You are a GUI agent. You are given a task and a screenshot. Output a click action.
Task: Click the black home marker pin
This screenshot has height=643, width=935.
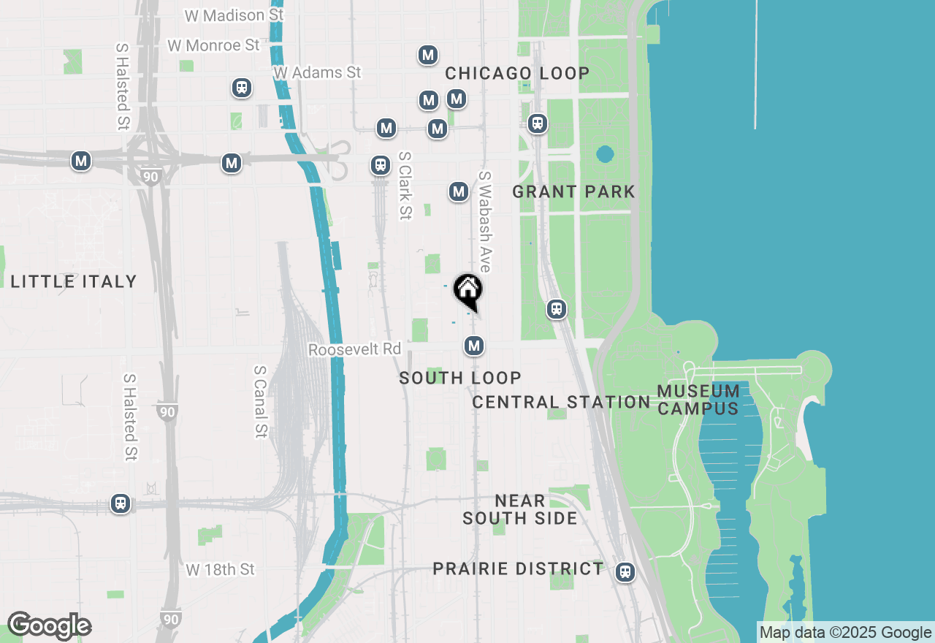tap(467, 291)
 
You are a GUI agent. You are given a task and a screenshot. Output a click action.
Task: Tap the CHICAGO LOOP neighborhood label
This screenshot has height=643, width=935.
tap(517, 73)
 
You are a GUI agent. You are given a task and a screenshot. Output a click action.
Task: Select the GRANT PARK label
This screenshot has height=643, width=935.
tap(573, 191)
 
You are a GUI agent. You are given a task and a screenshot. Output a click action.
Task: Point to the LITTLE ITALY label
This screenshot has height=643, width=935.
tap(74, 281)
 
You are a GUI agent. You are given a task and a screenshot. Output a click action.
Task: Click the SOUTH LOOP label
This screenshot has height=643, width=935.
tap(460, 378)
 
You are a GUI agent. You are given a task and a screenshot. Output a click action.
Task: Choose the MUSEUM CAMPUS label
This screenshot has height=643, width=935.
tap(698, 400)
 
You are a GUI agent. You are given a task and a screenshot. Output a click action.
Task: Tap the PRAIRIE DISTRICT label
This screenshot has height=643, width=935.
tap(518, 568)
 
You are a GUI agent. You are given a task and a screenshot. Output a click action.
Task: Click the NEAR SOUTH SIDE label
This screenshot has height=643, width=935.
tap(519, 509)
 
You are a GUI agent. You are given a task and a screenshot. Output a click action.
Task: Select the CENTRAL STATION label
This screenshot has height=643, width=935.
tap(561, 402)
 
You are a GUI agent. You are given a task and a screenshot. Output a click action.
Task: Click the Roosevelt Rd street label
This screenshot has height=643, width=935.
tap(354, 349)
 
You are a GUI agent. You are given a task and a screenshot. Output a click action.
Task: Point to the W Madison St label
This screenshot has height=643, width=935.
tap(224, 15)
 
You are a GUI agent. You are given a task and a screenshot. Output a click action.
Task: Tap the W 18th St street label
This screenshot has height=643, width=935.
tap(220, 568)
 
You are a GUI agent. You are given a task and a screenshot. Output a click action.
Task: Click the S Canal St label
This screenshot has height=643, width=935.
tap(259, 401)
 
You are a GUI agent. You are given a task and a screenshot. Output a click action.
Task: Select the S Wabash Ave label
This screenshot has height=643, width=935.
tap(484, 221)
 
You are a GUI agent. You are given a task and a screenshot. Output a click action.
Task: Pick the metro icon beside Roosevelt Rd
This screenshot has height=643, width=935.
tap(475, 345)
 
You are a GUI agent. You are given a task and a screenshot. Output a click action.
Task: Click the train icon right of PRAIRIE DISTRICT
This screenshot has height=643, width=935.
tap(625, 571)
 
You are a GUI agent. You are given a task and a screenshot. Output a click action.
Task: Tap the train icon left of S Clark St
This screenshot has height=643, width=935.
tap(380, 164)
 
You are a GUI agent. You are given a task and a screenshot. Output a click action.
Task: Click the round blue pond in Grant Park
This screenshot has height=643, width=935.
tap(605, 154)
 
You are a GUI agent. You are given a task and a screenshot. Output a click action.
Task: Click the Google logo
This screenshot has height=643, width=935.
tap(49, 626)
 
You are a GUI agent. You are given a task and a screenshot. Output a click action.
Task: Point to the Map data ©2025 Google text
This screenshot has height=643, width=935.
tap(845, 633)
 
